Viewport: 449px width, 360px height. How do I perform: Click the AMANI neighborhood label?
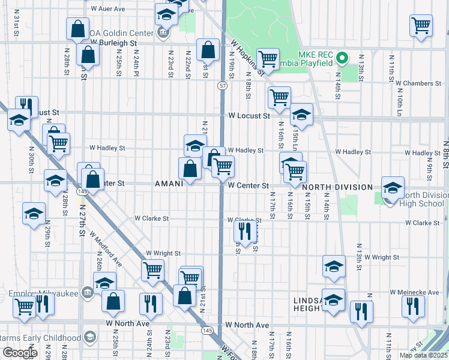click(169, 184)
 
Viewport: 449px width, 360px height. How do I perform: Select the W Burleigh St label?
click(113, 43)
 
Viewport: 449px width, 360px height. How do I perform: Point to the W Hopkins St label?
click(247, 58)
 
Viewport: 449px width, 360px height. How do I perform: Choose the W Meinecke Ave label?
click(415, 292)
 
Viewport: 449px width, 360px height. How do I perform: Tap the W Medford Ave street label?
click(106, 250)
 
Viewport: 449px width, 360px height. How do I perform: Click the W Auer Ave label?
click(108, 9)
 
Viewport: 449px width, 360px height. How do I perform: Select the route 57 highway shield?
click(223, 86)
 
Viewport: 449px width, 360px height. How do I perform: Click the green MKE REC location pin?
click(342, 58)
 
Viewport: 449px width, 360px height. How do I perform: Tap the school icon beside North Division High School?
click(393, 189)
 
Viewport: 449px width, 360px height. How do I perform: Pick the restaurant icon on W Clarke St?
click(244, 230)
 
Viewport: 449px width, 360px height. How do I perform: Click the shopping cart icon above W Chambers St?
click(421, 25)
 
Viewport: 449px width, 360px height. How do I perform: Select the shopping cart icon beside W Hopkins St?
click(268, 59)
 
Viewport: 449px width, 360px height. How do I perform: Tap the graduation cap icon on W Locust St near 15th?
click(301, 115)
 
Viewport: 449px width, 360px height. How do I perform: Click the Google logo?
click(20, 353)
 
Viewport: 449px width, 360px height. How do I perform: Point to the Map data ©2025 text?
click(423, 355)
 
